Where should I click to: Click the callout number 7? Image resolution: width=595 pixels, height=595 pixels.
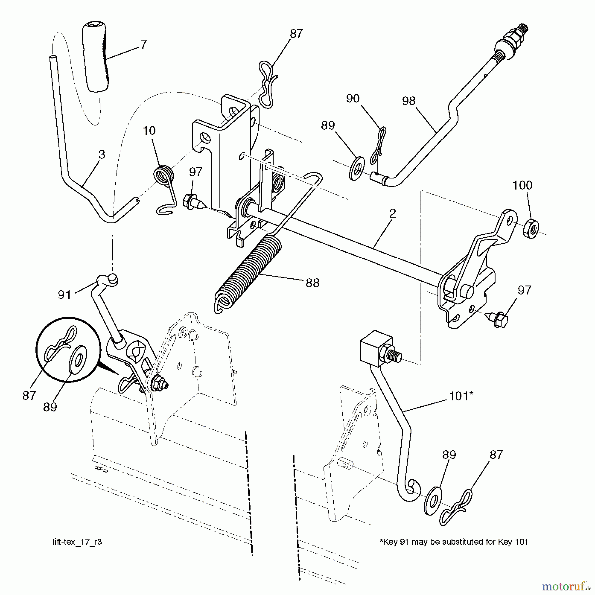tap(143, 44)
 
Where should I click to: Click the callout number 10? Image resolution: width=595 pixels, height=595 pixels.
tap(149, 131)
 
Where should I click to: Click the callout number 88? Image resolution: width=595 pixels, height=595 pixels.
tap(312, 283)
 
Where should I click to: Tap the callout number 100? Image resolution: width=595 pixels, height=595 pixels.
tap(522, 185)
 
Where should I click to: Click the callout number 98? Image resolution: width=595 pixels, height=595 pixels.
tap(409, 101)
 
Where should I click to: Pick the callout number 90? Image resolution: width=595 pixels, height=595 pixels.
tap(353, 98)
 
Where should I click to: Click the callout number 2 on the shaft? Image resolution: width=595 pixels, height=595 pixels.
tap(392, 213)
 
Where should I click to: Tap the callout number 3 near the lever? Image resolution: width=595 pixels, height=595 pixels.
tap(101, 154)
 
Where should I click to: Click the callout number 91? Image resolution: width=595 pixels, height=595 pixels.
tap(64, 295)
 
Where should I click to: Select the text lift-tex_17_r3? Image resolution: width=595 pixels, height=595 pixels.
tap(77, 542)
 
